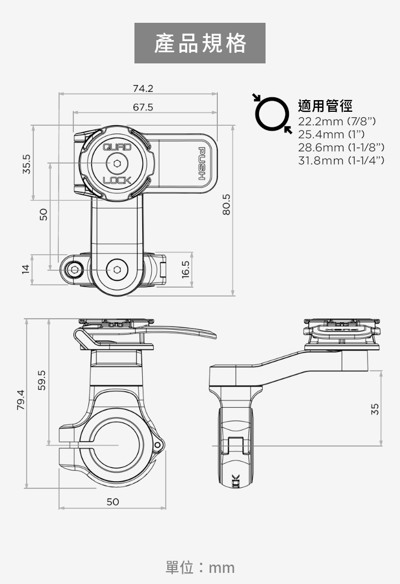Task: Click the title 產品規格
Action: point(200,43)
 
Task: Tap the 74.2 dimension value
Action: point(143,88)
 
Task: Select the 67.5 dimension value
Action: point(143,107)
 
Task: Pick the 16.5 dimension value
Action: point(186,270)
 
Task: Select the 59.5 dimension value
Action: point(42,380)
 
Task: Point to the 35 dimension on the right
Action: point(375,409)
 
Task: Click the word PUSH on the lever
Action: point(202,164)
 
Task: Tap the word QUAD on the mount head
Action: point(117,147)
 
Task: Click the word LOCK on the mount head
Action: point(117,180)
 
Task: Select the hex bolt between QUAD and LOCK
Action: point(117,164)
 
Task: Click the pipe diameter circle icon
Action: point(272,114)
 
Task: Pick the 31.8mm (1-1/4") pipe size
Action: point(341,161)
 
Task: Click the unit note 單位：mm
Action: point(200,567)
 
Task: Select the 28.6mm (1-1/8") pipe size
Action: point(341,147)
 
